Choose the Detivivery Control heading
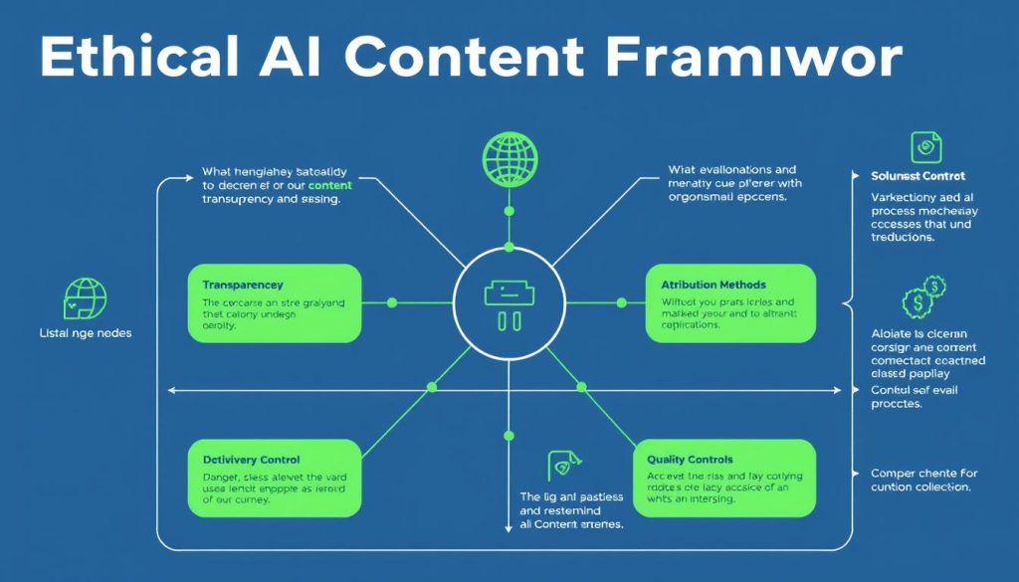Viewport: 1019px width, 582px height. (245, 460)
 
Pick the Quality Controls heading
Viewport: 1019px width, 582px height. (690, 460)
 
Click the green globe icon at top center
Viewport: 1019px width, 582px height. (509, 156)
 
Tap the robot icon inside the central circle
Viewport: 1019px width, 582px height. (509, 303)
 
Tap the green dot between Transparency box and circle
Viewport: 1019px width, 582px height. (391, 301)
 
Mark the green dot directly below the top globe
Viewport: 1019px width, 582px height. (509, 211)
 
